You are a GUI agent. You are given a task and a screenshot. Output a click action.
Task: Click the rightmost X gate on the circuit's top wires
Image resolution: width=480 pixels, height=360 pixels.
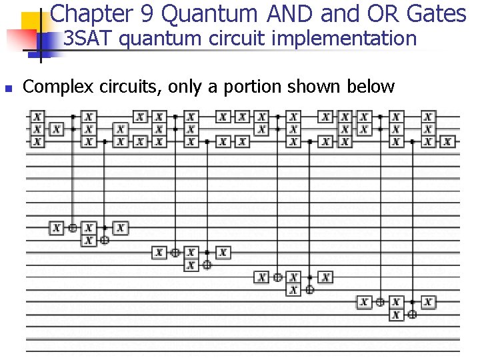(x=448, y=141)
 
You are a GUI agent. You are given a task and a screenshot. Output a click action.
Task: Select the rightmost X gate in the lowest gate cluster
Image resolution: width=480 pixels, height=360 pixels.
(x=428, y=302)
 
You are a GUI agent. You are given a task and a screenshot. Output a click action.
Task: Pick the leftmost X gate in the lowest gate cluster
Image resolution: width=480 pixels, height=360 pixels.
(x=364, y=302)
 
